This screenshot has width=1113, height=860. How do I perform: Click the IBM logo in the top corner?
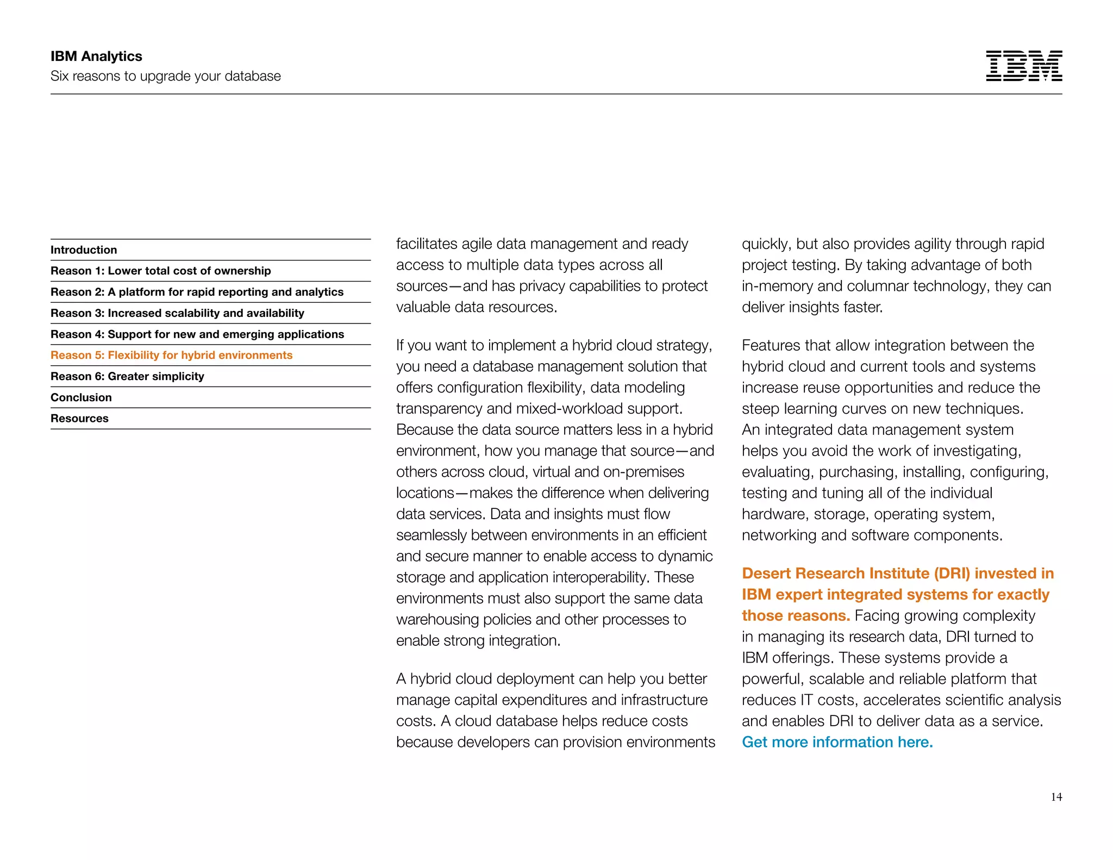1023,66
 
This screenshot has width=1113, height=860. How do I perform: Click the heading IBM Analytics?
96,57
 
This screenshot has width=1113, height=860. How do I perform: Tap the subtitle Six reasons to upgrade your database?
165,76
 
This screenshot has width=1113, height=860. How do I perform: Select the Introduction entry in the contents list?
84,250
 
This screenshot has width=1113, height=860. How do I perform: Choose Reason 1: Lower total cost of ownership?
160,271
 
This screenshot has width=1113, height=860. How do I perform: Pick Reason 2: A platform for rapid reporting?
197,292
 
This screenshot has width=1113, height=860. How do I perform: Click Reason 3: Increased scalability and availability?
177,313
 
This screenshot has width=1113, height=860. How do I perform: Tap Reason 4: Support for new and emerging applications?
197,334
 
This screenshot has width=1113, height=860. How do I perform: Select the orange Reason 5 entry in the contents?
171,355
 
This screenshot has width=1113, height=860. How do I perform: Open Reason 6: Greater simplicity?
127,376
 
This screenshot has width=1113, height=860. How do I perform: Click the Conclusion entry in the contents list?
81,397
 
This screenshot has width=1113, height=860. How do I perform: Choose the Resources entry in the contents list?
79,419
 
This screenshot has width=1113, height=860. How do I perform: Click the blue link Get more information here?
837,742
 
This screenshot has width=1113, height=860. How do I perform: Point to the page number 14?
1056,797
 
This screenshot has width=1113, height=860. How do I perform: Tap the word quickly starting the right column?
766,244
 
